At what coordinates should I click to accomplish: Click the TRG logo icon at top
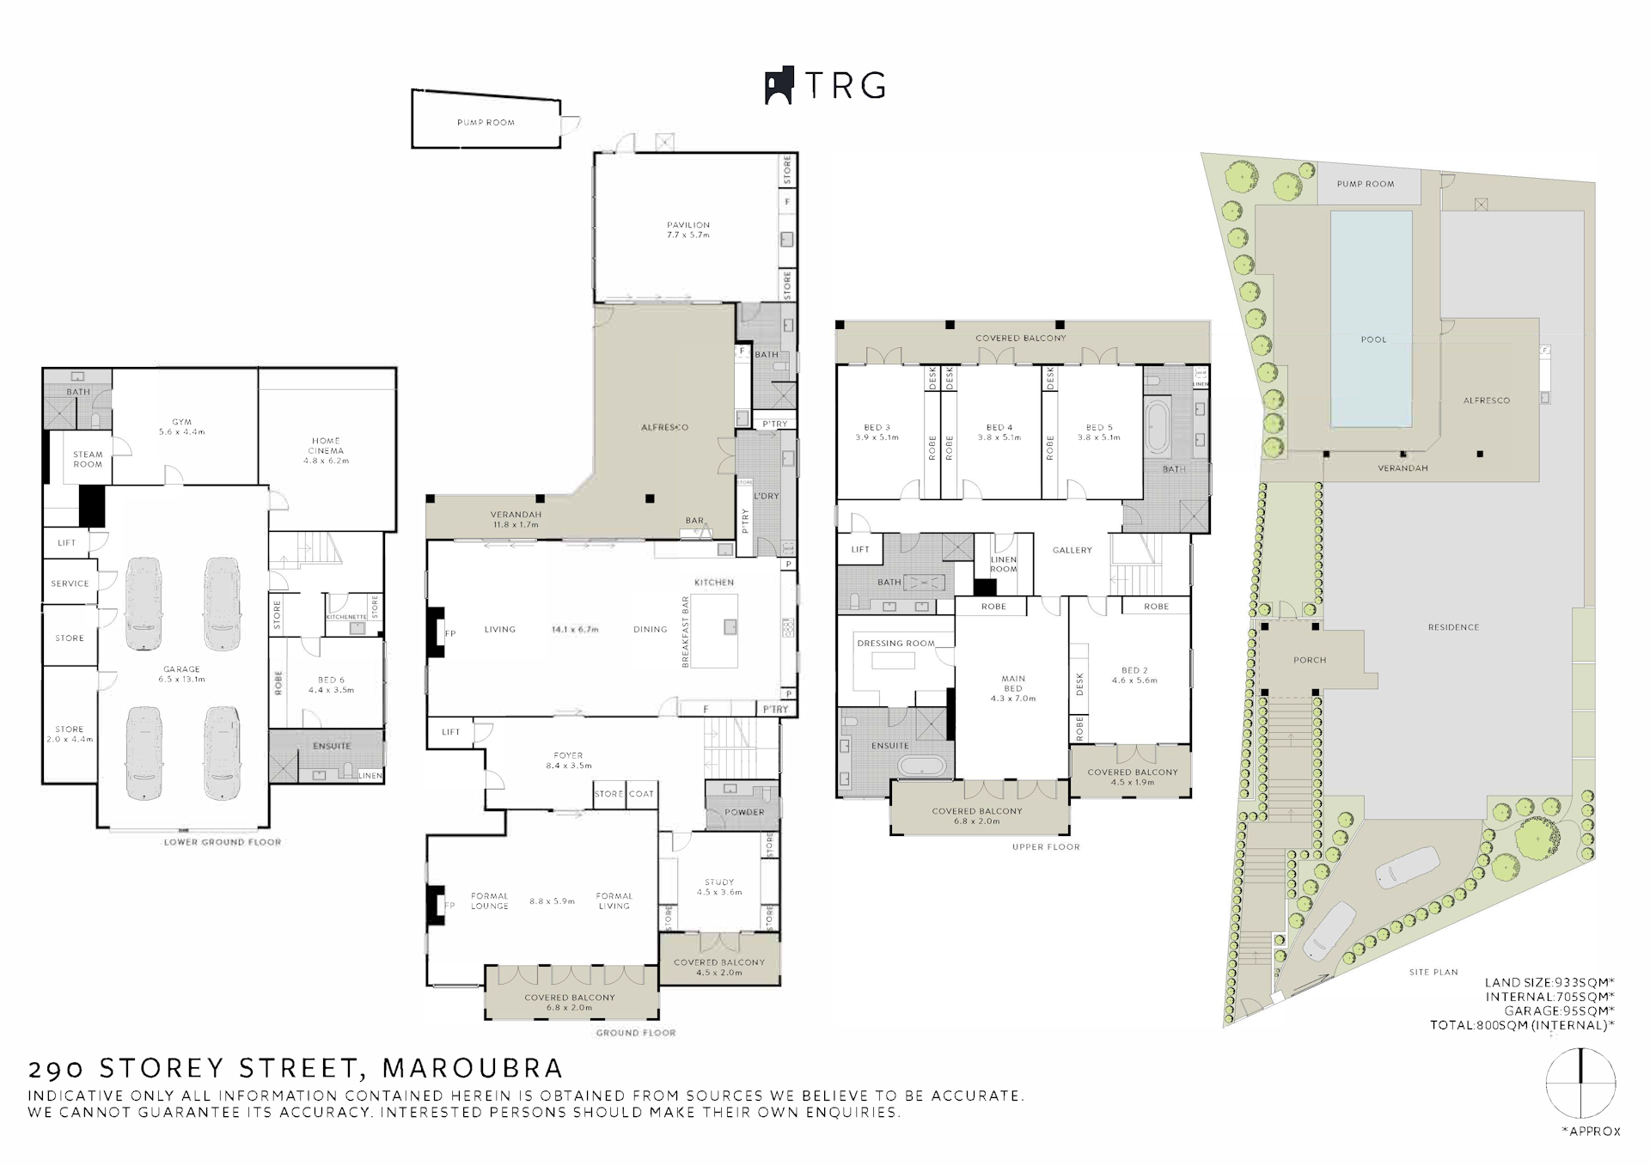pyautogui.click(x=779, y=86)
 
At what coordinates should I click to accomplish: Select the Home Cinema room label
pyautogui.click(x=326, y=450)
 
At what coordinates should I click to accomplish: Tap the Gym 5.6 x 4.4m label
pyautogui.click(x=181, y=427)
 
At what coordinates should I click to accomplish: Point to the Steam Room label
pyautogui.click(x=88, y=459)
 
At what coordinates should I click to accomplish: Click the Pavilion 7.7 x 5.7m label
pyautogui.click(x=688, y=229)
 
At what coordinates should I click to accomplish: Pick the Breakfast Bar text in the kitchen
pyautogui.click(x=686, y=632)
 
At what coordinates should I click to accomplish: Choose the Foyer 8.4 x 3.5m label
pyautogui.click(x=568, y=760)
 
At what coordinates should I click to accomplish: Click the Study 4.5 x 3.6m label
pyautogui.click(x=719, y=887)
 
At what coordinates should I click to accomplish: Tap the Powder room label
pyautogui.click(x=744, y=812)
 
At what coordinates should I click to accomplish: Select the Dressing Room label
pyautogui.click(x=895, y=643)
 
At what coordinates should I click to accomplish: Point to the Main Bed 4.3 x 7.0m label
pyautogui.click(x=1013, y=688)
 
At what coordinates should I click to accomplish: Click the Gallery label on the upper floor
pyautogui.click(x=1072, y=550)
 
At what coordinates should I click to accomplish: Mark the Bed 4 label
pyautogui.click(x=999, y=432)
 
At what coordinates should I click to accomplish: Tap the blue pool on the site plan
pyautogui.click(x=1371, y=318)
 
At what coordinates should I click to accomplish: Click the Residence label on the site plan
pyautogui.click(x=1453, y=627)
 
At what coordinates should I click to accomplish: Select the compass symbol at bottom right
pyautogui.click(x=1580, y=1083)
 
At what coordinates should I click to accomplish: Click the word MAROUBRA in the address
pyautogui.click(x=473, y=1068)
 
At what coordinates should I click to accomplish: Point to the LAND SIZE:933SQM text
pyautogui.click(x=1549, y=983)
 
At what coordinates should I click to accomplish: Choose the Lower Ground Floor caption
pyautogui.click(x=223, y=842)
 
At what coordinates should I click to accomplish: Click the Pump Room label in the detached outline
pyautogui.click(x=486, y=123)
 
